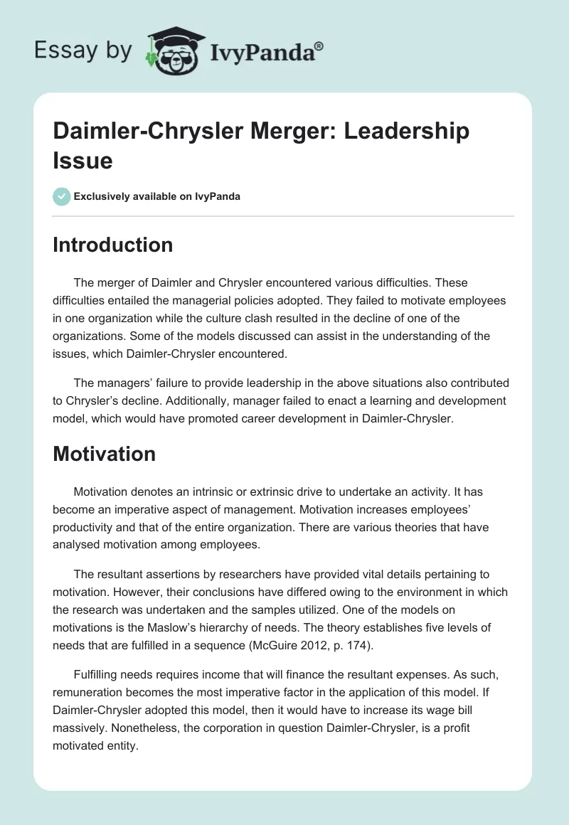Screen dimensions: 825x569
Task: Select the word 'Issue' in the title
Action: pyautogui.click(x=83, y=161)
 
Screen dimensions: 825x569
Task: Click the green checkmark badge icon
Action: pyautogui.click(x=62, y=196)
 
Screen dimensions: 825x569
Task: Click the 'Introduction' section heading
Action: pyautogui.click(x=112, y=245)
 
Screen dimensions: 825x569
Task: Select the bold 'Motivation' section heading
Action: pyautogui.click(x=104, y=454)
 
